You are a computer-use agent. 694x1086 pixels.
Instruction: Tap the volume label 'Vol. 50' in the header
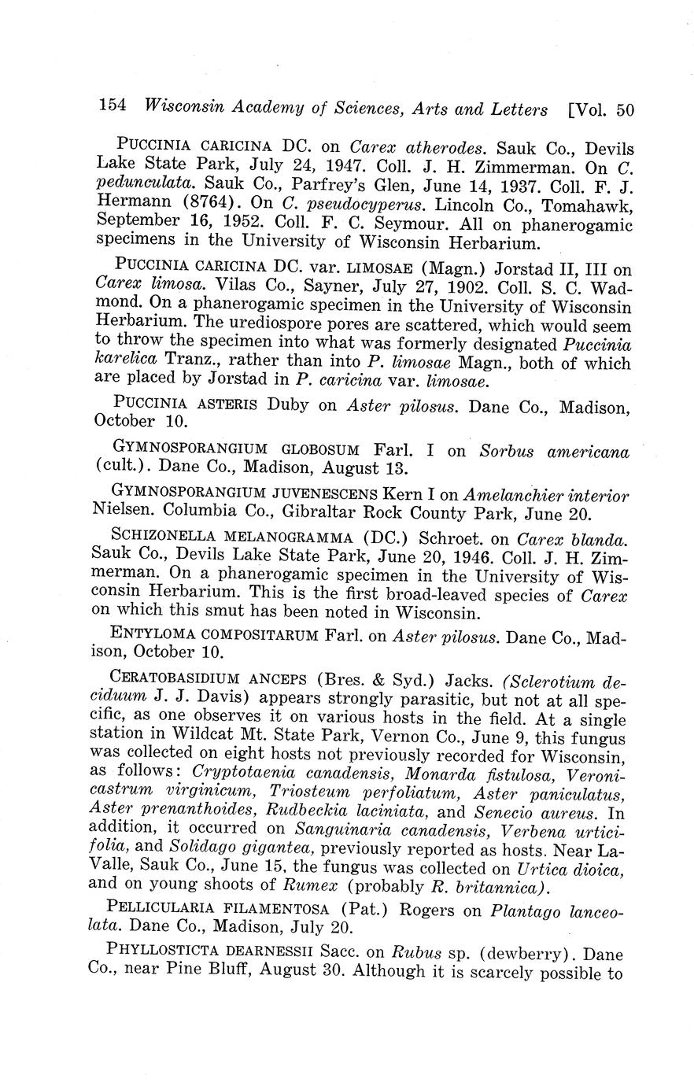[604, 109]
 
